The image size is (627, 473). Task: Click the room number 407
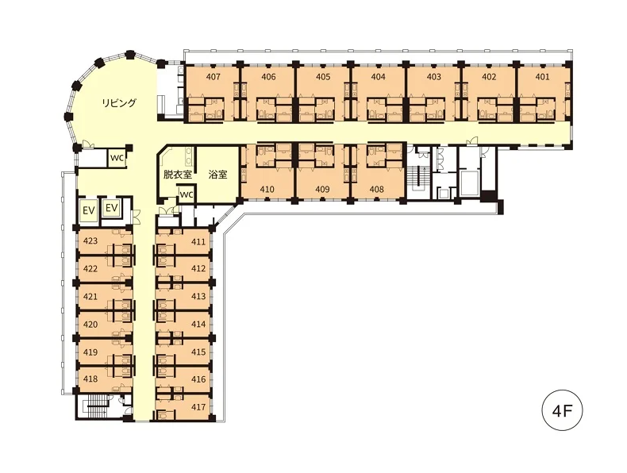[213, 76]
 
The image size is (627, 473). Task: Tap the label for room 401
[542, 76]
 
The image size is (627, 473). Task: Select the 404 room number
[378, 76]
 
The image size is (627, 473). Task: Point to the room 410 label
[267, 189]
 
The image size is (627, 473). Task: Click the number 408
[377, 189]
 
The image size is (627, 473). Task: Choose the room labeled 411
[198, 241]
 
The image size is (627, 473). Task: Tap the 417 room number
[198, 407]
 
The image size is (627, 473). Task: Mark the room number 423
[90, 240]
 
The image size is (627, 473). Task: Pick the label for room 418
[90, 379]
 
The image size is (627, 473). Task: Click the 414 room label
[198, 325]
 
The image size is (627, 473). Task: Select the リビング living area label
[119, 102]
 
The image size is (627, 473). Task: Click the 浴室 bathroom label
[218, 175]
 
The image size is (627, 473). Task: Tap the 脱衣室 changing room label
[178, 175]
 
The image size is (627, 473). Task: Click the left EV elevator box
[89, 210]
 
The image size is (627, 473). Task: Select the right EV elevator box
[112, 208]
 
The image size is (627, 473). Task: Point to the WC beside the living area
[117, 157]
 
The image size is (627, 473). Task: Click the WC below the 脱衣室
[186, 195]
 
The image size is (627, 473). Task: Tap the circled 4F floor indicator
[562, 410]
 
